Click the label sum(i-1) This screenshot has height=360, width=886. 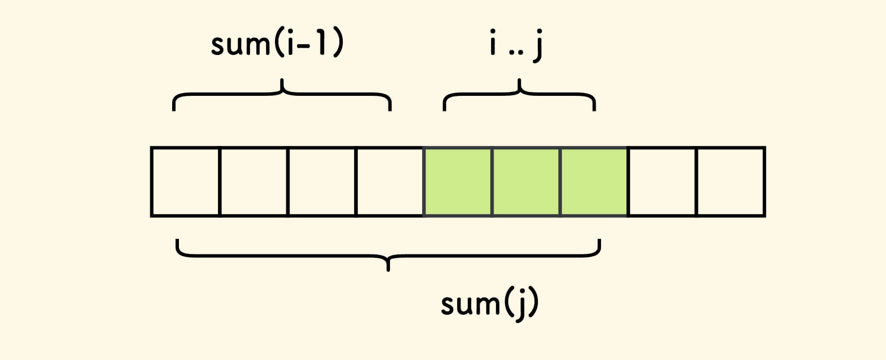point(277,44)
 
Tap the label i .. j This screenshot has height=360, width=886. point(516,45)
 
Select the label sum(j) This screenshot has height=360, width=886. point(490,304)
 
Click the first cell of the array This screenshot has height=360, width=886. point(185,181)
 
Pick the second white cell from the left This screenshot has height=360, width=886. point(254,181)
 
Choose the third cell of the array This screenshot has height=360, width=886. point(322,181)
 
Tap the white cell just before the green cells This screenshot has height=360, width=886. point(390,181)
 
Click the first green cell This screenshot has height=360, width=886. point(459,181)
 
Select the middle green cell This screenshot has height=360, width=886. point(527,181)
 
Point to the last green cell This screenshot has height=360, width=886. point(594,181)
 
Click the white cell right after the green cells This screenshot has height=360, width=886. point(662,181)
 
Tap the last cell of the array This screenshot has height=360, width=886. point(731,181)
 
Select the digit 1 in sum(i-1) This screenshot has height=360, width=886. point(321,44)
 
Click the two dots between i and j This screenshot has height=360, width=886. point(516,52)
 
